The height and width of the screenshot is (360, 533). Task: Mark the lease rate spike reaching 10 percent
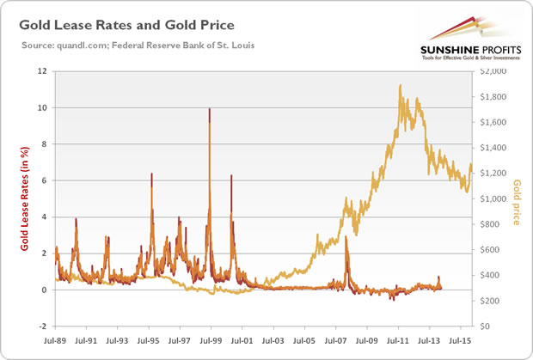[x=210, y=110]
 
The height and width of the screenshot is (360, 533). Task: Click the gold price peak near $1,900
[x=401, y=85]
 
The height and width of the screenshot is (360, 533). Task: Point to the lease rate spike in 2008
[x=346, y=239]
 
